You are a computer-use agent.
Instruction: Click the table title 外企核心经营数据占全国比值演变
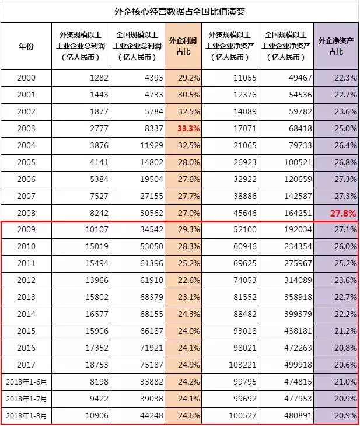180,11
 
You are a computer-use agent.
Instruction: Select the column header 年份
26,47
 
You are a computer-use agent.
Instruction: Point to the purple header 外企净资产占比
336,47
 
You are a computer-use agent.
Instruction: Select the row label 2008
26,213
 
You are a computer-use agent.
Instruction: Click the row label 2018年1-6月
26,382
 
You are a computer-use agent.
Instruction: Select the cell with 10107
93,230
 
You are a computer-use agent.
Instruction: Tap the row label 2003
26,128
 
